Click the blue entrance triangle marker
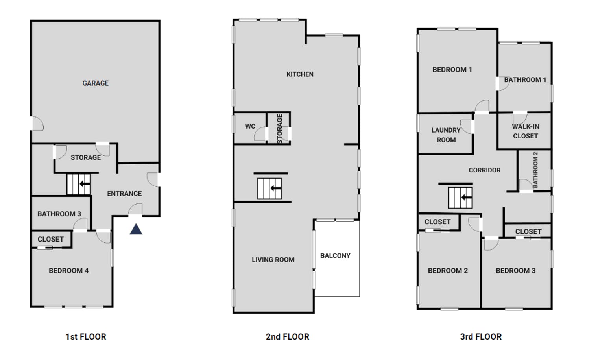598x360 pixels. (x=136, y=229)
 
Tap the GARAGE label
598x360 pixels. (x=95, y=83)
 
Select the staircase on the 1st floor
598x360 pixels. (x=79, y=184)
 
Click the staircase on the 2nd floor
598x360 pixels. (x=269, y=188)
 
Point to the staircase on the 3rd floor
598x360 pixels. (x=460, y=198)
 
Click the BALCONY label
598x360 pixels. (x=335, y=256)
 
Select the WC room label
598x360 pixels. (x=250, y=126)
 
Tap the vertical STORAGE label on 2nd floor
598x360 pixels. (x=279, y=129)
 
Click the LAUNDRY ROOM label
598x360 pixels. (x=446, y=135)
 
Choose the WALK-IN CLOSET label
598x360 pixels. (x=525, y=131)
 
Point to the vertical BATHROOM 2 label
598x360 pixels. (x=535, y=170)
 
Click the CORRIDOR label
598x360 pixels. (x=485, y=170)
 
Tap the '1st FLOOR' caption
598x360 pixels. (x=86, y=337)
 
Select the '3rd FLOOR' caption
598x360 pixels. (x=481, y=337)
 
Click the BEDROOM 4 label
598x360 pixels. (x=68, y=271)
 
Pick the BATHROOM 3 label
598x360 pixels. (x=59, y=214)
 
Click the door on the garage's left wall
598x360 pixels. (x=37, y=124)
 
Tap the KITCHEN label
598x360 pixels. (x=300, y=74)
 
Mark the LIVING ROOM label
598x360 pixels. (x=273, y=260)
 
